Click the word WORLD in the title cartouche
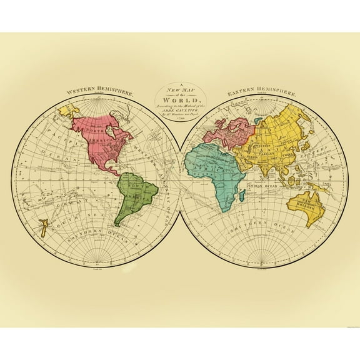tap(180, 100)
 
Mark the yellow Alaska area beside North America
tap(66, 112)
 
